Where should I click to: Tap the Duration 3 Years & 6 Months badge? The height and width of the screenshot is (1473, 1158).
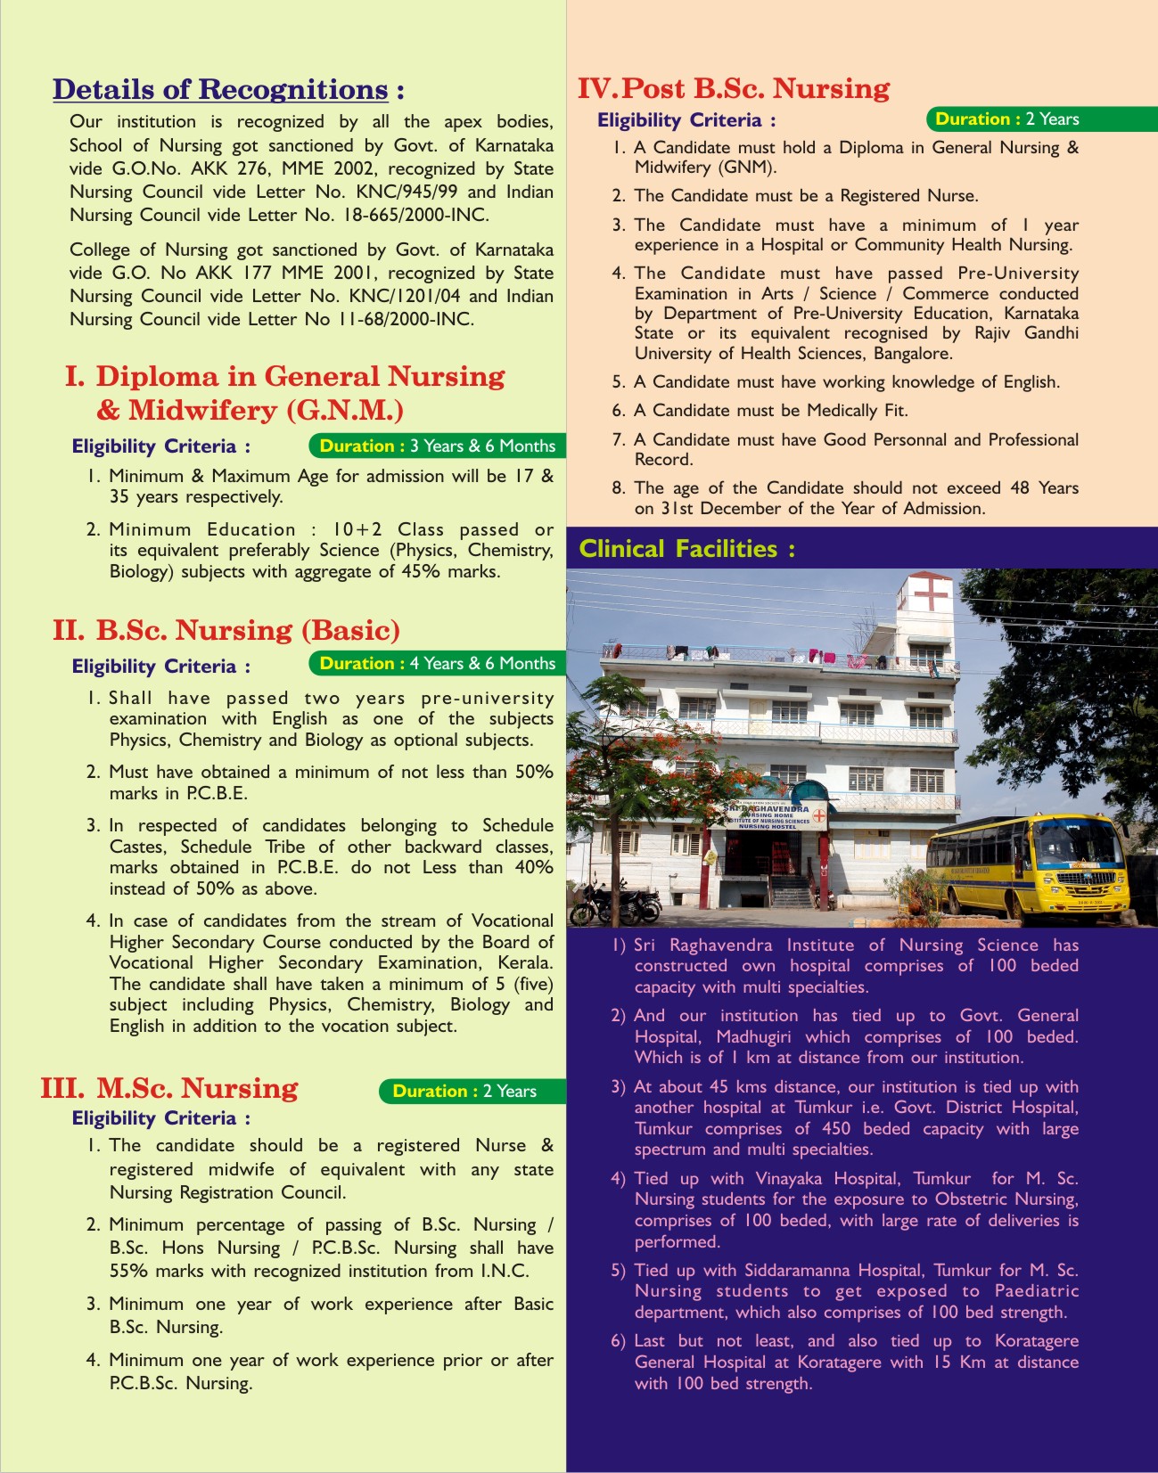(x=437, y=446)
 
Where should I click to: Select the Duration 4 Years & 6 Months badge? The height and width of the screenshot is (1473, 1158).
(x=437, y=663)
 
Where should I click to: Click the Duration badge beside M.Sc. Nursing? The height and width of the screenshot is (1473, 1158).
(x=464, y=1091)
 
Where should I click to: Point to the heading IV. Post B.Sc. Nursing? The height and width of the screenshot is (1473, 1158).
(x=734, y=88)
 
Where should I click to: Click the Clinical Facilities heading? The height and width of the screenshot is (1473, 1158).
(x=686, y=548)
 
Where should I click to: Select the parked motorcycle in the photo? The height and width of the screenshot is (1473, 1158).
(x=614, y=904)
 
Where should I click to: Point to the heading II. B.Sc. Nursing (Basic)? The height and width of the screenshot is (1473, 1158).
(x=226, y=630)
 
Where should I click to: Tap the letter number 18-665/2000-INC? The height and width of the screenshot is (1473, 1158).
(x=409, y=215)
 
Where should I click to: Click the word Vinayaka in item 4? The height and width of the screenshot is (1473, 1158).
(x=792, y=1178)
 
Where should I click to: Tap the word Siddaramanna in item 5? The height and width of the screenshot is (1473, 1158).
(x=801, y=1270)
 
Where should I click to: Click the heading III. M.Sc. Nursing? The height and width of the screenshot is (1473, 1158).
(x=169, y=1088)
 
